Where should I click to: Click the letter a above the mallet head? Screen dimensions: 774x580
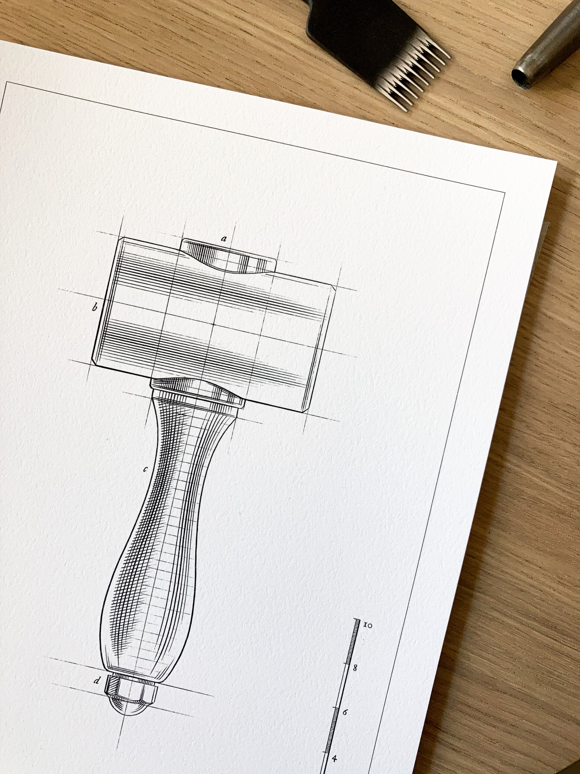point(224,239)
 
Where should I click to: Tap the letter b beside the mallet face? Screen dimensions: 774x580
point(94,308)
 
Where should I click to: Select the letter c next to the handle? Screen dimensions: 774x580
point(145,469)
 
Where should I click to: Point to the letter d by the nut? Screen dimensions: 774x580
point(97,680)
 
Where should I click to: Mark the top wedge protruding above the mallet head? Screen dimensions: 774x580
point(227,257)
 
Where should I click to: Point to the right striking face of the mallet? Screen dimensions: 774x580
point(322,350)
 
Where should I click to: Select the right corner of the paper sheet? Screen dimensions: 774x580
point(556,163)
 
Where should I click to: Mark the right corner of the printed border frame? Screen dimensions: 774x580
point(504,193)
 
